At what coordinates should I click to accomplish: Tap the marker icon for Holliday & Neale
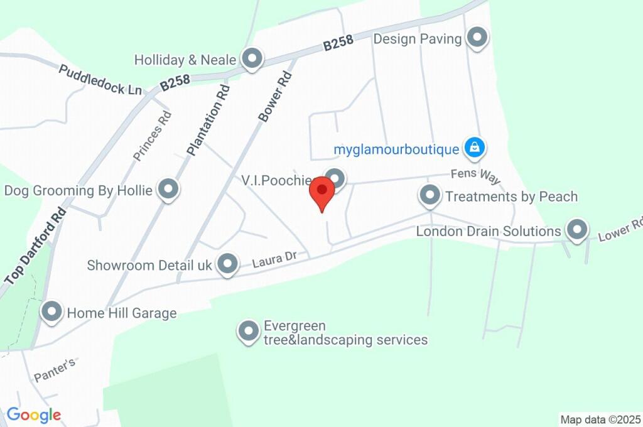(x=252, y=59)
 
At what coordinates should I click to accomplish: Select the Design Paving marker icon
(x=478, y=38)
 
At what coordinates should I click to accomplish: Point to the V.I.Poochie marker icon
(x=335, y=178)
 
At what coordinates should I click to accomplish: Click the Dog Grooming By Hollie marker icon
(x=168, y=189)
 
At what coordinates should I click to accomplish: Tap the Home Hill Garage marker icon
(x=51, y=311)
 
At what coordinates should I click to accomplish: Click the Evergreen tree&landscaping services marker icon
(x=249, y=331)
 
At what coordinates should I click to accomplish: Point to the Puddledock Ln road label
(x=100, y=80)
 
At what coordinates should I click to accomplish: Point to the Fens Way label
(x=475, y=176)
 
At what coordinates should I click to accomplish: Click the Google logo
(x=34, y=414)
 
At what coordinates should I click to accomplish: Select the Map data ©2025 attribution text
(x=600, y=419)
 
